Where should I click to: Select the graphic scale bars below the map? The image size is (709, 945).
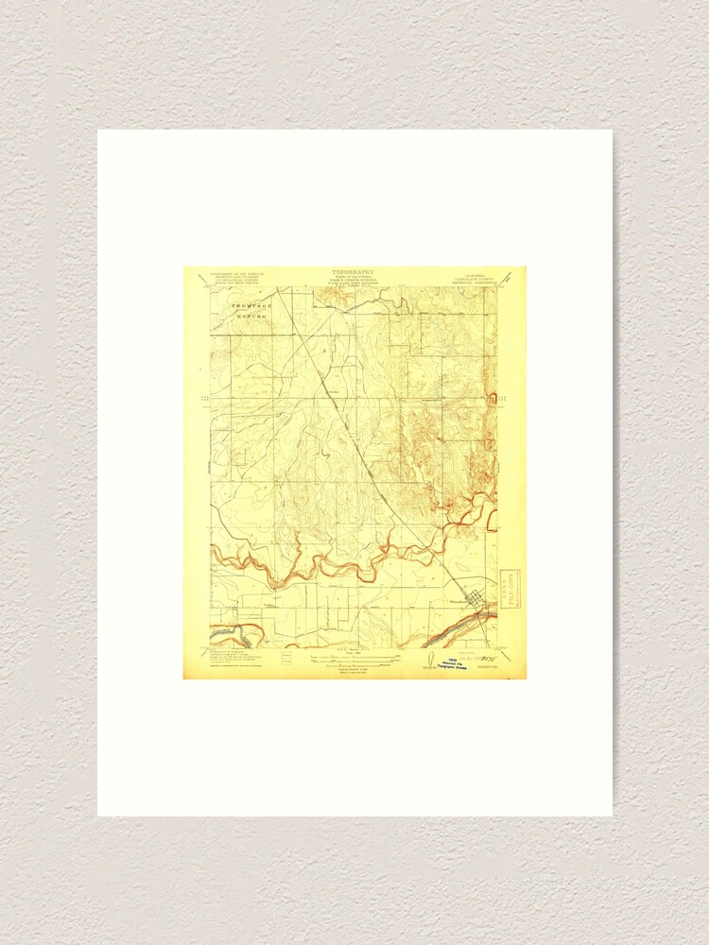(x=354, y=652)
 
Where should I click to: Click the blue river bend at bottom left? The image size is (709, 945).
(x=236, y=627)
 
